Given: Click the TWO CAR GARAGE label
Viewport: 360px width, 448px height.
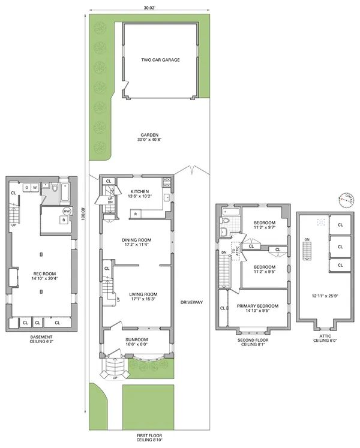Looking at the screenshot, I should [x=160, y=60].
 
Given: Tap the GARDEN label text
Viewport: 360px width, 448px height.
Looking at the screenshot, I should [x=149, y=135].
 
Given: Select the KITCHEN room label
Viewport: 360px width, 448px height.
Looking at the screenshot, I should [x=139, y=192].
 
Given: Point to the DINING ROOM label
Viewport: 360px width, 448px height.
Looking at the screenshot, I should [x=137, y=239].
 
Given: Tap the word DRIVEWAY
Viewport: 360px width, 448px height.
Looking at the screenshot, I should [x=192, y=302].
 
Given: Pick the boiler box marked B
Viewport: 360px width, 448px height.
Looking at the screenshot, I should [x=63, y=220].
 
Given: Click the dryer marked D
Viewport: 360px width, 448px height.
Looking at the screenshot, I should [x=27, y=188].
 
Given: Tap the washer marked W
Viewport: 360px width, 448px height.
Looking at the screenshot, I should [x=35, y=188].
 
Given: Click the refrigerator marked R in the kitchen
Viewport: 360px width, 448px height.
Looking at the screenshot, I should [x=136, y=214].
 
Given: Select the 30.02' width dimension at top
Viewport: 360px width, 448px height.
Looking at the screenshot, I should [x=149, y=8].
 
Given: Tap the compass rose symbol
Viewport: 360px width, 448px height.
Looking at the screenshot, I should [x=346, y=199].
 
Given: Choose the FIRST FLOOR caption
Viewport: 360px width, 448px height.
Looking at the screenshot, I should [x=149, y=436].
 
